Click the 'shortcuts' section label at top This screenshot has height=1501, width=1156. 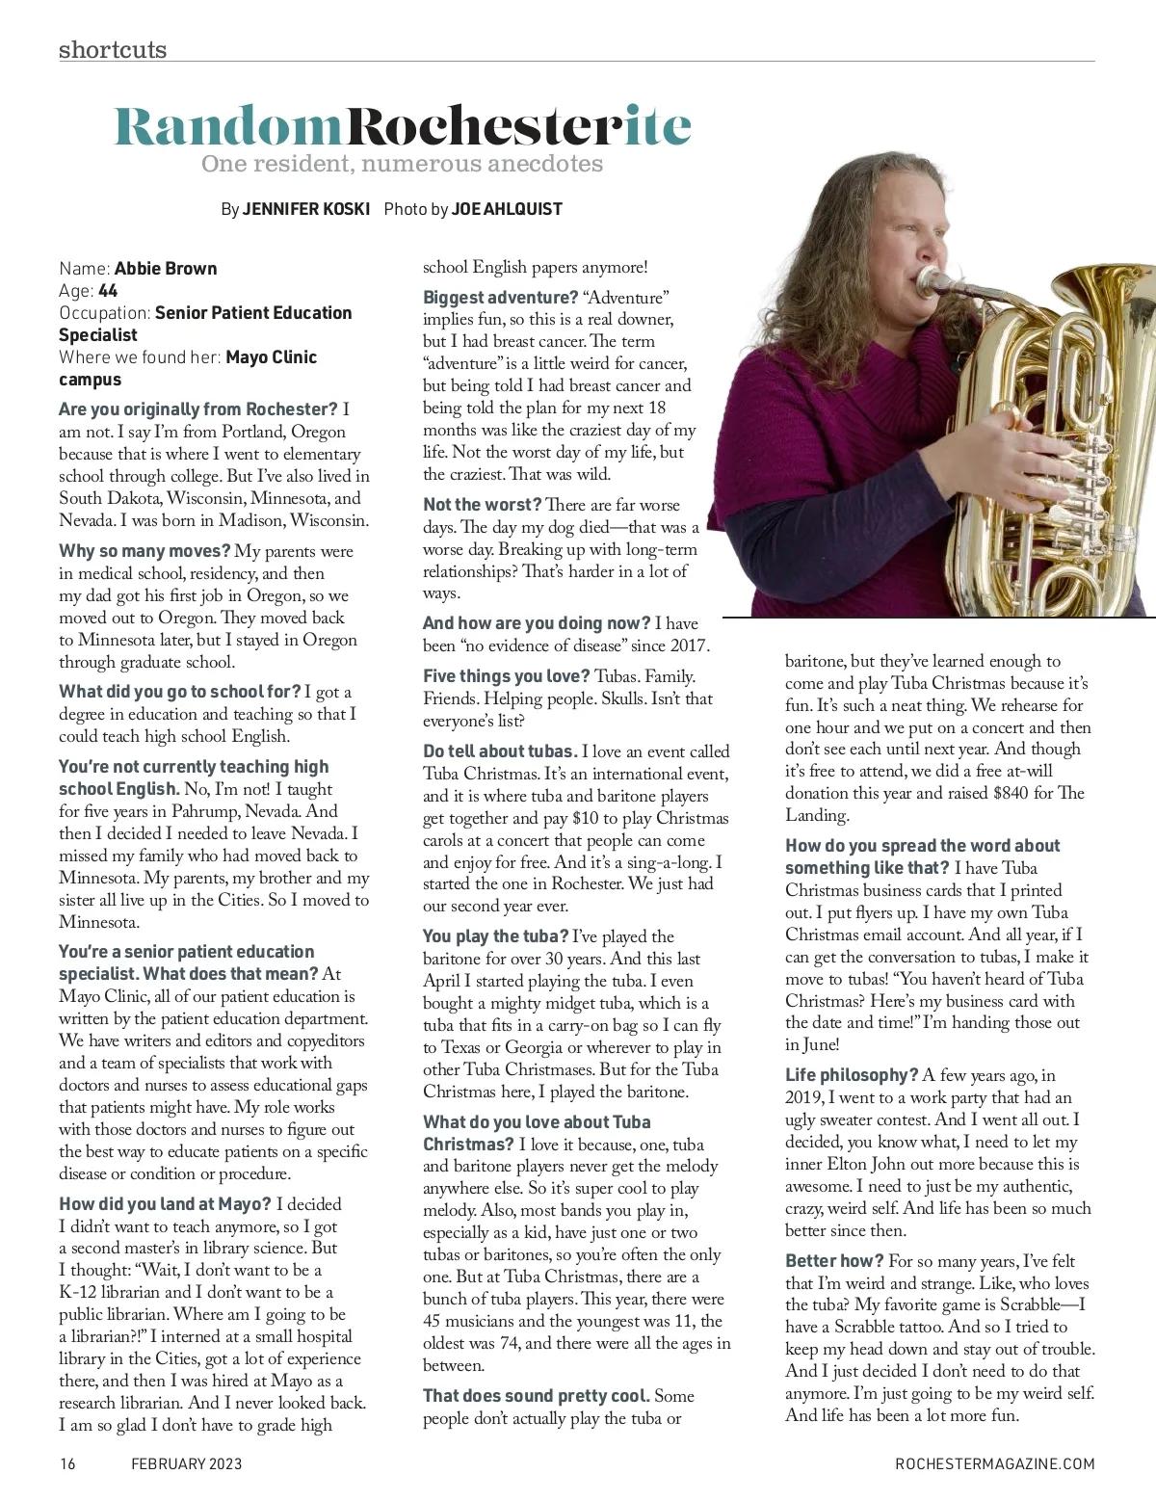pos(113,49)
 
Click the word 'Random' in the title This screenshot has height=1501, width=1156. pos(229,126)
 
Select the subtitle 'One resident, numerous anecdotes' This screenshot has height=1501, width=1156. pos(402,164)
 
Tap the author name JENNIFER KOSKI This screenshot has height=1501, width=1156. pos(306,209)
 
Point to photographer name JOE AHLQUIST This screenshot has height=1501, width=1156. pos(507,209)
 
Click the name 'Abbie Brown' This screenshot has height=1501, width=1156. pos(166,268)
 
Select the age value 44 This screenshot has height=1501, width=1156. pos(108,290)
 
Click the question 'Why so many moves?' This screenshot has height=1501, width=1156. pos(144,551)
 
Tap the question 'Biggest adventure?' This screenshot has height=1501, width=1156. pos(500,297)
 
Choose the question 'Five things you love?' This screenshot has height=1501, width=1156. pos(507,676)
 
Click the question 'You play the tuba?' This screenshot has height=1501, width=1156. pos(495,936)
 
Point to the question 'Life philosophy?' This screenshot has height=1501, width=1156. pos(852,1075)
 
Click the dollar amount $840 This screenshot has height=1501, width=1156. pos(1016,793)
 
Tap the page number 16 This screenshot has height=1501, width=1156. pos(67,1464)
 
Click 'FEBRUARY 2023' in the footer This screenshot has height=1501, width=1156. pos(186,1464)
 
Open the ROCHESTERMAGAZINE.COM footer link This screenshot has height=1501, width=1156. pos(995,1464)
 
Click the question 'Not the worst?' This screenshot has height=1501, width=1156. pos(482,505)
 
